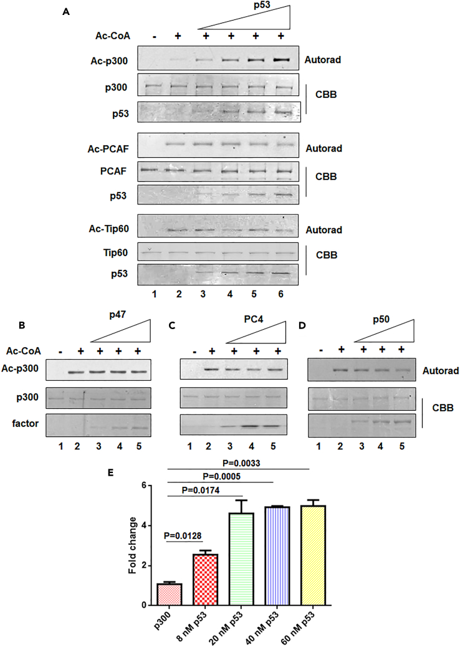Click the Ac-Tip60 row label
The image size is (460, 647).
point(112,229)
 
